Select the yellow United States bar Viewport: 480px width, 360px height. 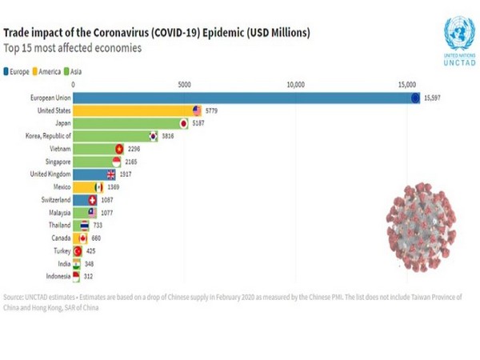[136, 111]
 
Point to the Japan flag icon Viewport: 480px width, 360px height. [183, 124]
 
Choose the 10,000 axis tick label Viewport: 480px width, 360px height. [296, 83]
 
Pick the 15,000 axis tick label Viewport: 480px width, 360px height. [406, 83]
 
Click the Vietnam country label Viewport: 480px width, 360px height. [58, 149]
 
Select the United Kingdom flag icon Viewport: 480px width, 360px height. [111, 174]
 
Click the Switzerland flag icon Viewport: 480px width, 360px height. [92, 200]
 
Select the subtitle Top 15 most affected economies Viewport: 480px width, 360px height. [73, 47]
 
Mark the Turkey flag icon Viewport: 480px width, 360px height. [78, 250]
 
